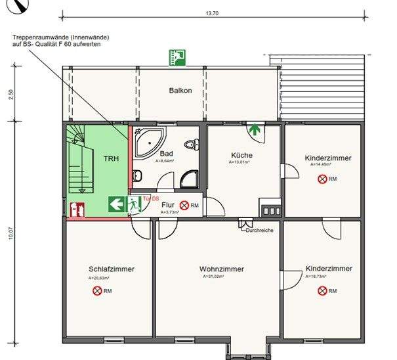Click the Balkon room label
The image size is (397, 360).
(180, 91)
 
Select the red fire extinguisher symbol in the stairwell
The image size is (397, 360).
(76, 210)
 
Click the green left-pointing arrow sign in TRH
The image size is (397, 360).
(117, 204)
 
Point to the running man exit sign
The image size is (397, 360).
(135, 204)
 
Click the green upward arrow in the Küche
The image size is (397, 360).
(254, 129)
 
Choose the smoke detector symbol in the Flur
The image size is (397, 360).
(185, 206)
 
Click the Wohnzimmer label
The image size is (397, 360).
(221, 269)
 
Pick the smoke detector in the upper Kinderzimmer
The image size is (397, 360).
(322, 179)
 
